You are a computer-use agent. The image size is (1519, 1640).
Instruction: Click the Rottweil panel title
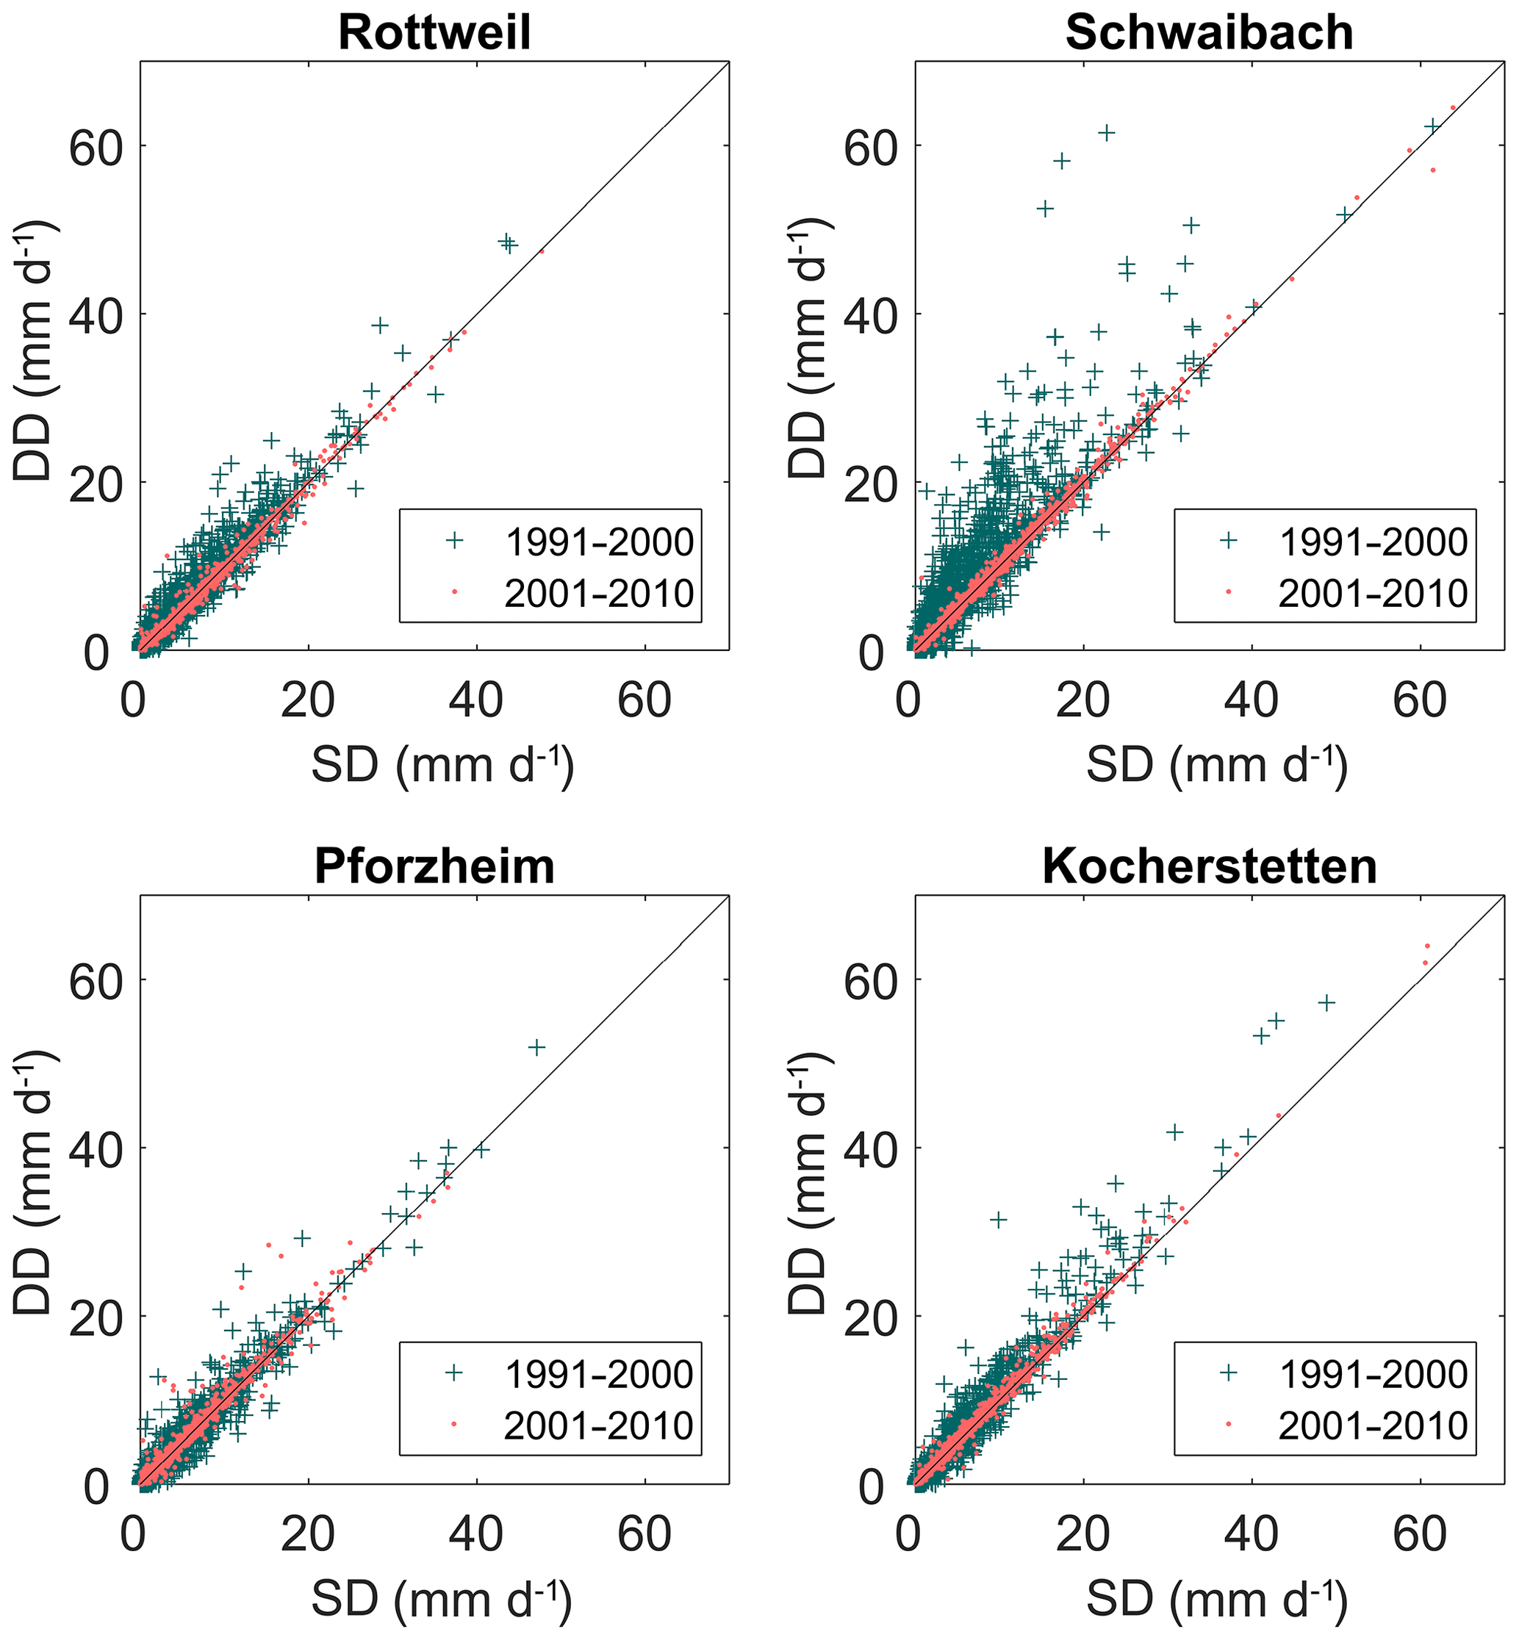point(434,33)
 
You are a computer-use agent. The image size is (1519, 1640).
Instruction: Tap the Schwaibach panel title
point(1209,33)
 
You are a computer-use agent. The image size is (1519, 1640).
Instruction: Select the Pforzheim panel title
point(434,866)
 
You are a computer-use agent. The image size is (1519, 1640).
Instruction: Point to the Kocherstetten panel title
point(1209,866)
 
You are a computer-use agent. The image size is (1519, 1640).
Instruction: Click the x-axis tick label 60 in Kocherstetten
point(1420,1533)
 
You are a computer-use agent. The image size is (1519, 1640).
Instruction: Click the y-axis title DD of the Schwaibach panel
point(807,348)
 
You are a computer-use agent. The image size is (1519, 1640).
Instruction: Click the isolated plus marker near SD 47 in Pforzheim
point(536,1047)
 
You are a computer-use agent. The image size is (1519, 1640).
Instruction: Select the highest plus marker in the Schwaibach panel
point(1107,132)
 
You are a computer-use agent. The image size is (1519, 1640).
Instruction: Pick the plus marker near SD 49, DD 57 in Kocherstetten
point(1326,1002)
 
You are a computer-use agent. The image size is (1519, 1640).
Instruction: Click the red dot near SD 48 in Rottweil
point(542,251)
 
